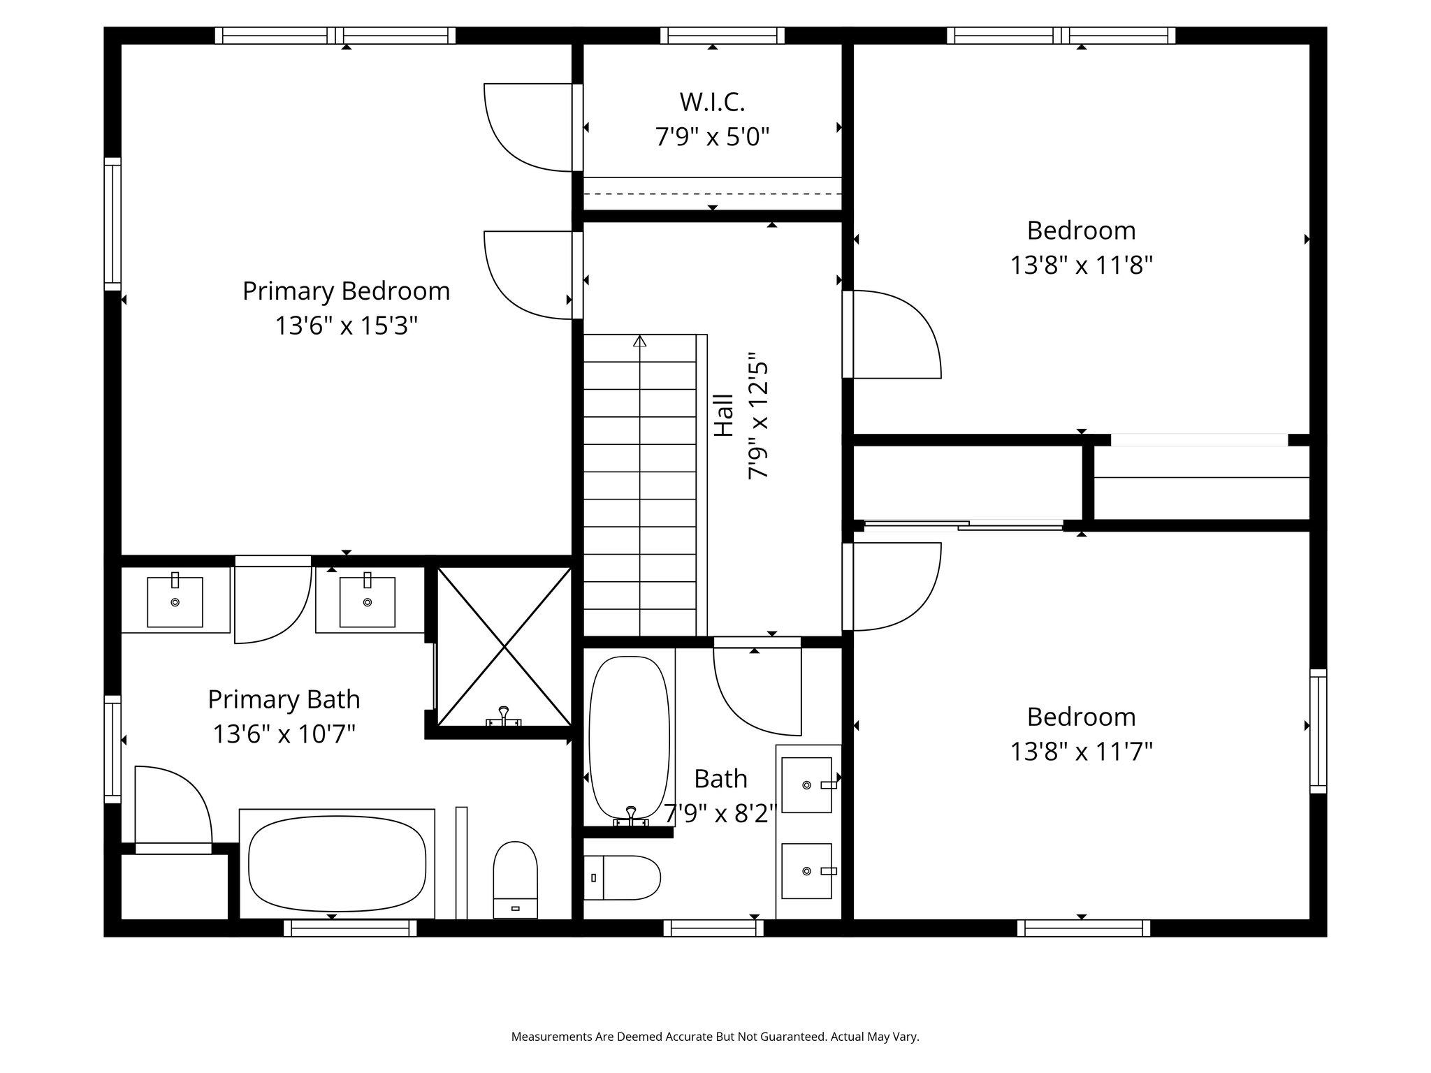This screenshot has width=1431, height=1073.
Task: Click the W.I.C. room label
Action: click(712, 102)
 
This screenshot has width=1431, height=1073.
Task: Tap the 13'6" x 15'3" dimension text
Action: click(346, 326)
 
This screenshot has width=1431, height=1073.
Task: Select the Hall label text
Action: click(724, 416)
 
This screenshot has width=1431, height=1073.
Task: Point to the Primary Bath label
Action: click(284, 699)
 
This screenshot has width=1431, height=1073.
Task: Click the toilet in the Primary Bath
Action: click(515, 879)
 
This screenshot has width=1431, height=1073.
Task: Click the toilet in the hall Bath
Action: click(622, 877)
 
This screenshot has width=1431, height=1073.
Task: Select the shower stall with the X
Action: click(504, 647)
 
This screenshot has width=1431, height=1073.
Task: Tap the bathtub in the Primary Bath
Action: click(337, 864)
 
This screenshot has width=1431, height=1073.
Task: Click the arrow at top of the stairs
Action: click(639, 341)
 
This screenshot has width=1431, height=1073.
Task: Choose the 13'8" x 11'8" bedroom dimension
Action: click(1081, 265)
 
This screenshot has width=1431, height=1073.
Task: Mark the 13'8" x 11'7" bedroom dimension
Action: click(1081, 752)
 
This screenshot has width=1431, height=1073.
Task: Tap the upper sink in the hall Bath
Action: click(807, 785)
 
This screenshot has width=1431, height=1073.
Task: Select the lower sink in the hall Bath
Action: click(807, 871)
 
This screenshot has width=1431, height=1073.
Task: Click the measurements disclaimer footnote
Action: click(715, 1037)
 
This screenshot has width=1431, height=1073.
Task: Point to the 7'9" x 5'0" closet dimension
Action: click(712, 137)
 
